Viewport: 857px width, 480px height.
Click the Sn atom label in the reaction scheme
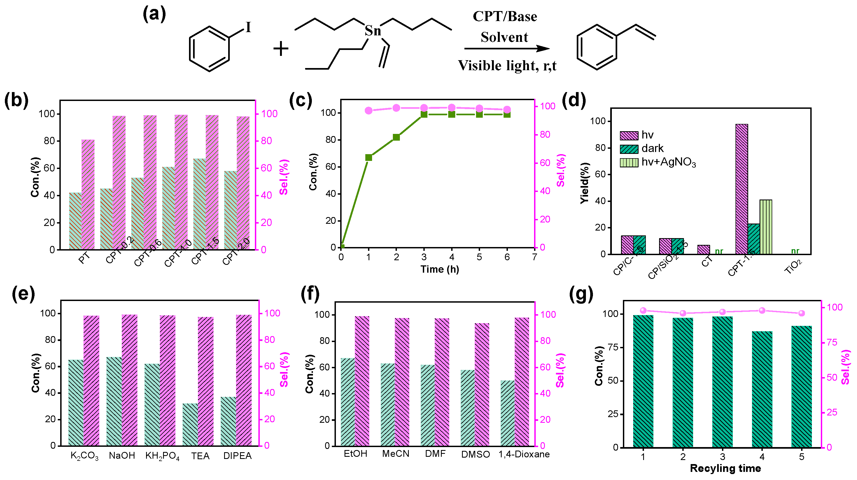373,31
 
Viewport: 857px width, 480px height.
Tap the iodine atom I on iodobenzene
248,27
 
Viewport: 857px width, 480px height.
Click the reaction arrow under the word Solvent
506,49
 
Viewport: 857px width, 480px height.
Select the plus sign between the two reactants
281,49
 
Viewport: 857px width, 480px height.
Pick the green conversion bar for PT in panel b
75,221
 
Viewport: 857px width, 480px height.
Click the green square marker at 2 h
396,137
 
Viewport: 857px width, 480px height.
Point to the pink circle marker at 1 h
369,110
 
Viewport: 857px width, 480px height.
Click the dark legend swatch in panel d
629,149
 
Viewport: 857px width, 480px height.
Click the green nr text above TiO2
795,251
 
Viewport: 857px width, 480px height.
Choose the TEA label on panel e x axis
200,456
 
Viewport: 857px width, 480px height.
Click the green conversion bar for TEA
190,424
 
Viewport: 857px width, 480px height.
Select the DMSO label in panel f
475,454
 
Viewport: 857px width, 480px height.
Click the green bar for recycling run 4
762,389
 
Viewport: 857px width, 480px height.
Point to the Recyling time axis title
725,468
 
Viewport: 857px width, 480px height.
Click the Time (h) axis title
440,269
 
